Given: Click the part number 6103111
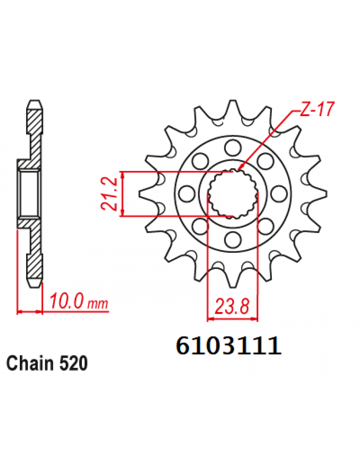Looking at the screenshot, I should click(228, 346).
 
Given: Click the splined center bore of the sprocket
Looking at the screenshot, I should click(233, 193).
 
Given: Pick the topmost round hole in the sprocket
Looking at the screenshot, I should click(233, 148).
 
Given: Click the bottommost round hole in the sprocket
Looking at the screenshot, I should click(233, 239).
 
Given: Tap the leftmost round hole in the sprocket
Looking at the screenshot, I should click(187, 193).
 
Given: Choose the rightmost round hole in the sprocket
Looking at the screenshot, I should click(279, 193).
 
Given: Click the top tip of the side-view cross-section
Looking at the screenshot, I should click(35, 102).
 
